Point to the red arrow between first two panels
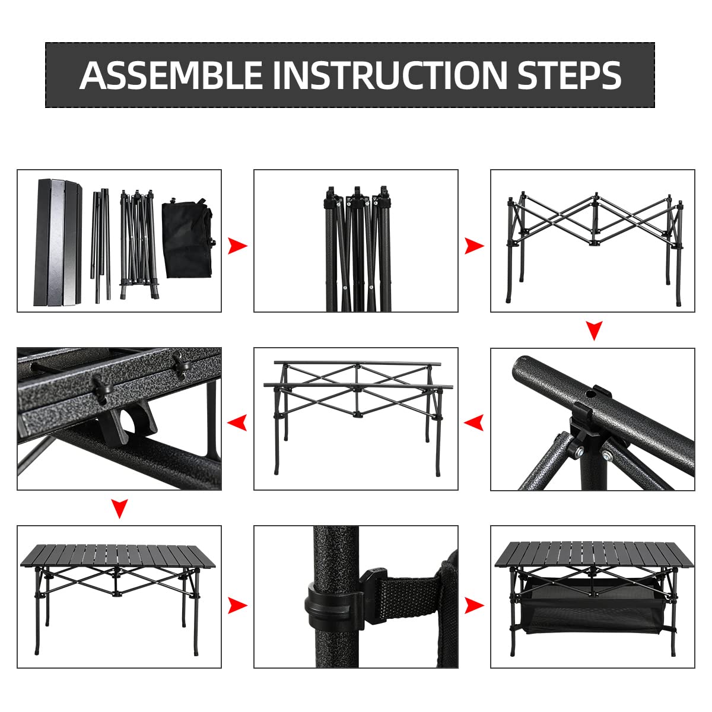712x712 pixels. coord(237,245)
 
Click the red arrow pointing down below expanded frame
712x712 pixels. coord(594,330)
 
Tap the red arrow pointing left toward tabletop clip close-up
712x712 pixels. coord(237,423)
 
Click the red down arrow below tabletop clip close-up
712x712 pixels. coord(120,508)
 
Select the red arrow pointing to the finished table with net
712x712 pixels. coord(474,606)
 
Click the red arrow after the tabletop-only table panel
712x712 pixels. coord(237,606)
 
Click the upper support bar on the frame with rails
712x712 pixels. coord(356,363)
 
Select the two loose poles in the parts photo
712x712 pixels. coord(101,243)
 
